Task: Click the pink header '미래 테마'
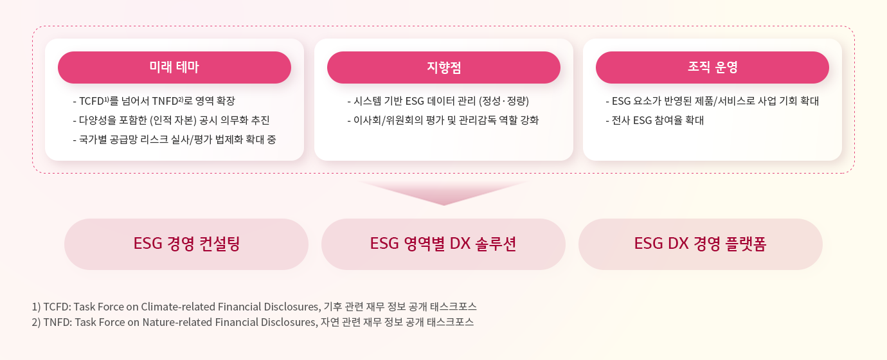(x=174, y=67)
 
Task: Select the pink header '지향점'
(x=443, y=67)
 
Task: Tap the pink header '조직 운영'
(x=712, y=67)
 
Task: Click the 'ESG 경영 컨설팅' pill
(x=186, y=244)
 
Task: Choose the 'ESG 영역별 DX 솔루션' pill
(x=443, y=244)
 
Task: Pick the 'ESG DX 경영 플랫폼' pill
(x=700, y=244)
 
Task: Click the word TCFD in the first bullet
(x=91, y=102)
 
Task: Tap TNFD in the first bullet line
(x=165, y=102)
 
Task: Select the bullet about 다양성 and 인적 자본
(x=171, y=120)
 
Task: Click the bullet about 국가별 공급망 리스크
(x=174, y=139)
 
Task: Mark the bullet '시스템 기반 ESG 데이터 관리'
(x=438, y=101)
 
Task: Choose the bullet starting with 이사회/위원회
(x=443, y=120)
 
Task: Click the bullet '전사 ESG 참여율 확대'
(x=654, y=120)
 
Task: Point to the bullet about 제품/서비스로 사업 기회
(x=712, y=101)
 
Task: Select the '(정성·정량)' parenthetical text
(x=504, y=101)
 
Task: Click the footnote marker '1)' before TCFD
(x=37, y=307)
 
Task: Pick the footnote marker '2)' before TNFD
(x=37, y=322)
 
